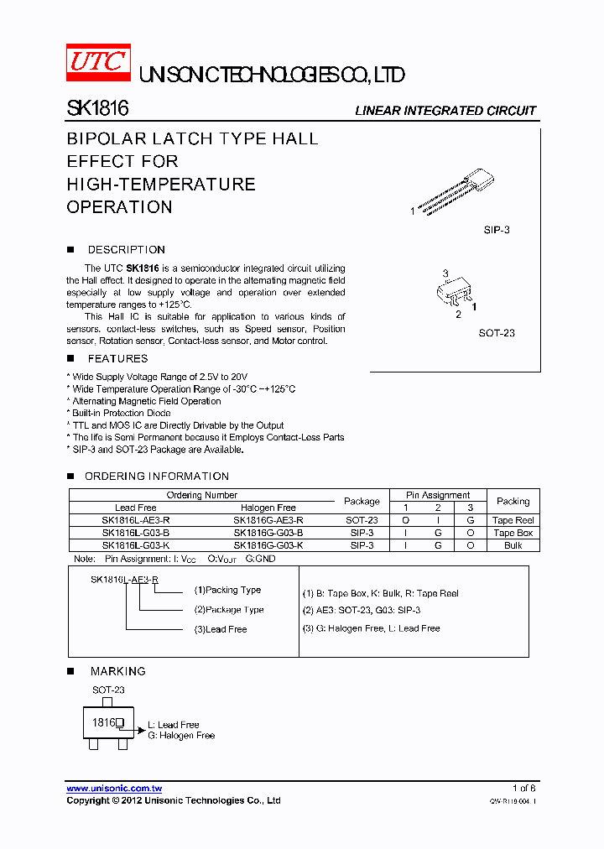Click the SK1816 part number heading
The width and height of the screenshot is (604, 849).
97,109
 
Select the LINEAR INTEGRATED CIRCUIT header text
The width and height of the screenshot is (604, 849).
445,111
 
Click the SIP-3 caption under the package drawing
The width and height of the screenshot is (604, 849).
496,229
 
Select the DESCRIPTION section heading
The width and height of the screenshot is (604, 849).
126,250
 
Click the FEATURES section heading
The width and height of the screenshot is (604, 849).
117,359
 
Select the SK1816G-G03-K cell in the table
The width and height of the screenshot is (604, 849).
268,545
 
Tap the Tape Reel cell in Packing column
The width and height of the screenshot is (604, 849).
513,520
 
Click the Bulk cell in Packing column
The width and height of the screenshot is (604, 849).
513,545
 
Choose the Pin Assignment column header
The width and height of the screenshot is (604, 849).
438,495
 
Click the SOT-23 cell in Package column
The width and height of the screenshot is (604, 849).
362,520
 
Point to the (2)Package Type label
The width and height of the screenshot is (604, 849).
229,610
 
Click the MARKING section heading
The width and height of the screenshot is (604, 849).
117,671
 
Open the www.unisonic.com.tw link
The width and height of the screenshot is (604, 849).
114,789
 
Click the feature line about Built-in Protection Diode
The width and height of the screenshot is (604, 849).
121,414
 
